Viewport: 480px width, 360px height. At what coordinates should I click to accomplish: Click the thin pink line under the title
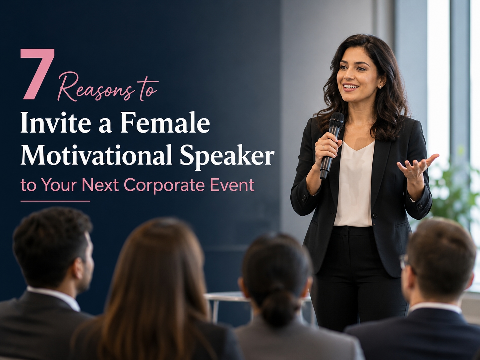pyautogui.click(x=55, y=201)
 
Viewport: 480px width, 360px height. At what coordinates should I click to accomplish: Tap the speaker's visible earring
pyautogui.click(x=380, y=87)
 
